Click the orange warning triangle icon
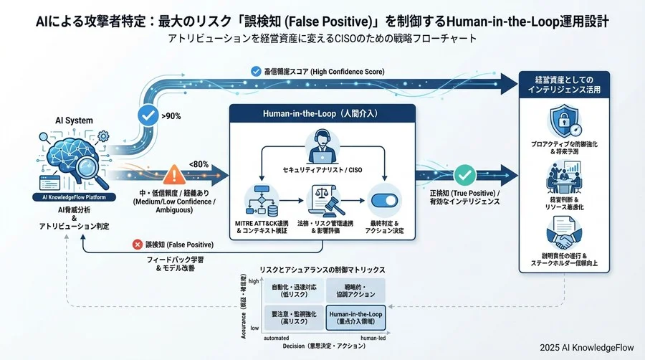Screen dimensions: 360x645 pyautogui.click(x=174, y=174)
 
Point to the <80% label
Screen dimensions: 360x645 pyautogui.click(x=199, y=164)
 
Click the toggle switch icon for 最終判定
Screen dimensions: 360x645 pyautogui.click(x=386, y=199)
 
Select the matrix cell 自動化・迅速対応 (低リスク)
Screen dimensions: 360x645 pyautogui.click(x=294, y=291)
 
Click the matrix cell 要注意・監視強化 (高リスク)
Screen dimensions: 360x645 pyautogui.click(x=294, y=317)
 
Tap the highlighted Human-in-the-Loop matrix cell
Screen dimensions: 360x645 pyautogui.click(x=355, y=317)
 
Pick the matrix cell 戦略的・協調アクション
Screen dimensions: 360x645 pyautogui.click(x=355, y=291)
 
